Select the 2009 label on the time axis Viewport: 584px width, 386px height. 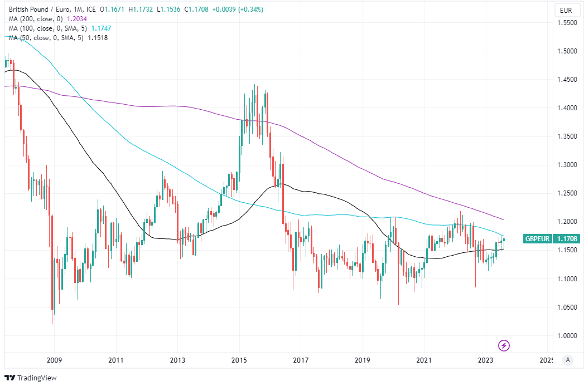coord(54,360)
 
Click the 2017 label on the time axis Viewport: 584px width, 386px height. coord(301,360)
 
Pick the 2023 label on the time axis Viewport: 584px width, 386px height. coord(486,360)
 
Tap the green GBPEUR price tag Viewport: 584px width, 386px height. coord(551,239)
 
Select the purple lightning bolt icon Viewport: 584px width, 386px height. coord(504,346)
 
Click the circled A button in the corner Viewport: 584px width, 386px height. coord(568,360)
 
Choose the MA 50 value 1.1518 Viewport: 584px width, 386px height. coord(97,37)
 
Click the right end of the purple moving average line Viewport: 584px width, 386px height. coord(504,219)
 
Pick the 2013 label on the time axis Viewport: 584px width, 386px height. coord(177,360)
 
